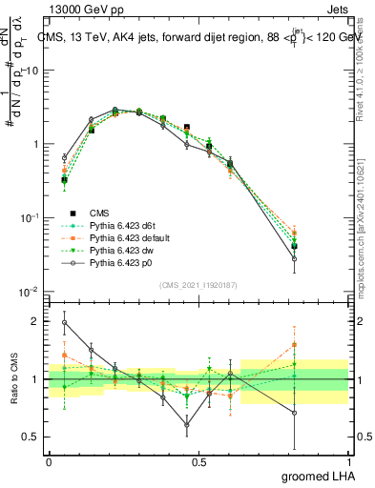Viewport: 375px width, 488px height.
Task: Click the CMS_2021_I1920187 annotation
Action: coord(198,285)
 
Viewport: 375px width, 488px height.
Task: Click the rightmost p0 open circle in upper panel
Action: coord(322,258)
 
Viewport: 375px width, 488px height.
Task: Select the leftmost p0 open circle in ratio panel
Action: coord(64,322)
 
